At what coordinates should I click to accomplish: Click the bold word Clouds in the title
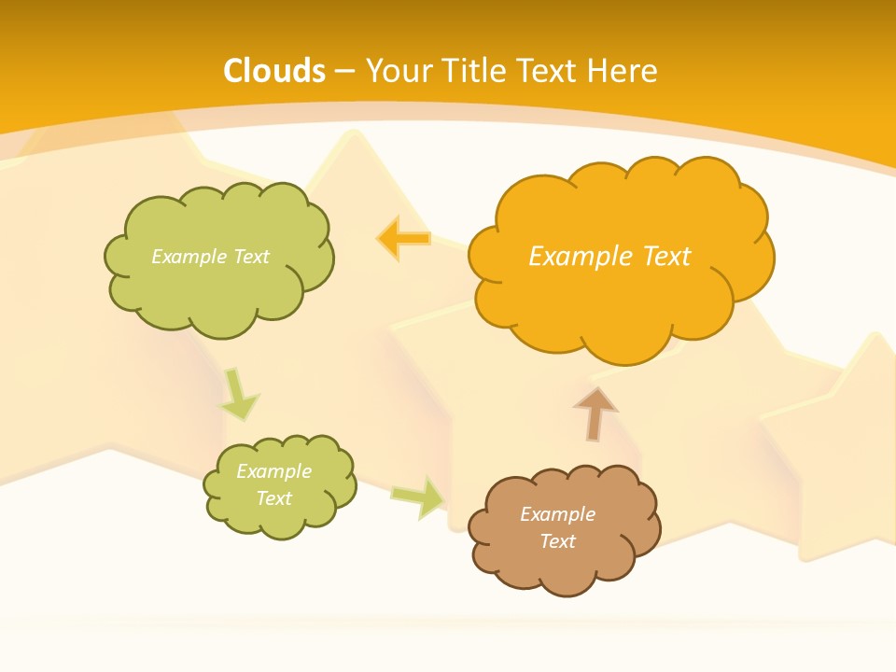pos(274,71)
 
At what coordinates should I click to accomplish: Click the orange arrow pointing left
pos(403,239)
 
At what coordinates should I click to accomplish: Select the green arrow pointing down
pos(239,395)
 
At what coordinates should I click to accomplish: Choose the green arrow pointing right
pos(418,497)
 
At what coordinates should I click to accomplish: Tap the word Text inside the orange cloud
pos(666,256)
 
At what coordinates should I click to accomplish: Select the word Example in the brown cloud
pos(557,514)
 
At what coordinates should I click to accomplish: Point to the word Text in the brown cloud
pos(557,541)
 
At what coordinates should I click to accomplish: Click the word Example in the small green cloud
pos(273,471)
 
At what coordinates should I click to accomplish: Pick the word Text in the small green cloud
pos(273,498)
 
